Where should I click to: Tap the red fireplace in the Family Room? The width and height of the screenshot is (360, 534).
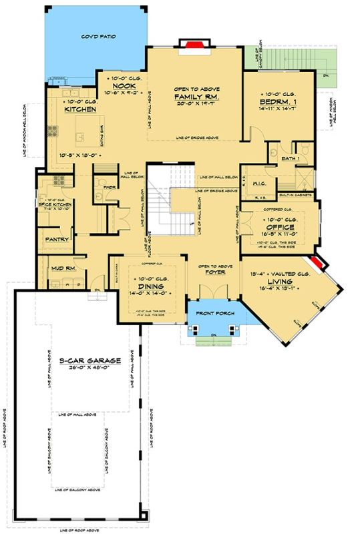[190, 45]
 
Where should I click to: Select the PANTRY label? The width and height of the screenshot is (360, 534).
[53, 238]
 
